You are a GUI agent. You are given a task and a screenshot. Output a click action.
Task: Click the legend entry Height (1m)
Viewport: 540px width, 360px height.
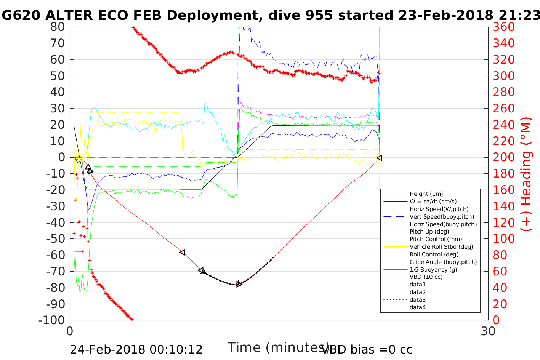[426, 194]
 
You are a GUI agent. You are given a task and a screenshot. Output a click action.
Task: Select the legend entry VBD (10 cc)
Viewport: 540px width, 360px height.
[426, 277]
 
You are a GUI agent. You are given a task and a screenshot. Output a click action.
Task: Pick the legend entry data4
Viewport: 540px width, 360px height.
[417, 307]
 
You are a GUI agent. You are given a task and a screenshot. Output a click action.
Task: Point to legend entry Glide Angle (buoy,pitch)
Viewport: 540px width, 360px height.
[443, 262]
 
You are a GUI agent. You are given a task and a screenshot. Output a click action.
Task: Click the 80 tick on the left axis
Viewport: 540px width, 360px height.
[58, 27]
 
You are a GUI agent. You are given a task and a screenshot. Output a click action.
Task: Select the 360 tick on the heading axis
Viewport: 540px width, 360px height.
[503, 27]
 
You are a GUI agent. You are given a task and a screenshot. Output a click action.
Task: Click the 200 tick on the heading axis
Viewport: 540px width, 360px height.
[503, 157]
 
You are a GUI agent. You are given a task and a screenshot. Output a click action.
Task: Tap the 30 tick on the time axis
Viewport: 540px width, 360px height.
[488, 331]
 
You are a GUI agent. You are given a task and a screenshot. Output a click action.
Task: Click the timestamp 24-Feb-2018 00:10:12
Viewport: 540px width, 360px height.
[136, 349]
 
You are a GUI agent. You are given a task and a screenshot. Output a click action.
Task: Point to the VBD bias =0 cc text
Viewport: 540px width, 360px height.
[367, 349]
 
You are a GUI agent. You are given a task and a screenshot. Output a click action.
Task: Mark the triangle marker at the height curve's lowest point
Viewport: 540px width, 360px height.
[239, 284]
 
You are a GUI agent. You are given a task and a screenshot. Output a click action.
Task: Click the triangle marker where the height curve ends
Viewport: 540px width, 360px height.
[379, 158]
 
